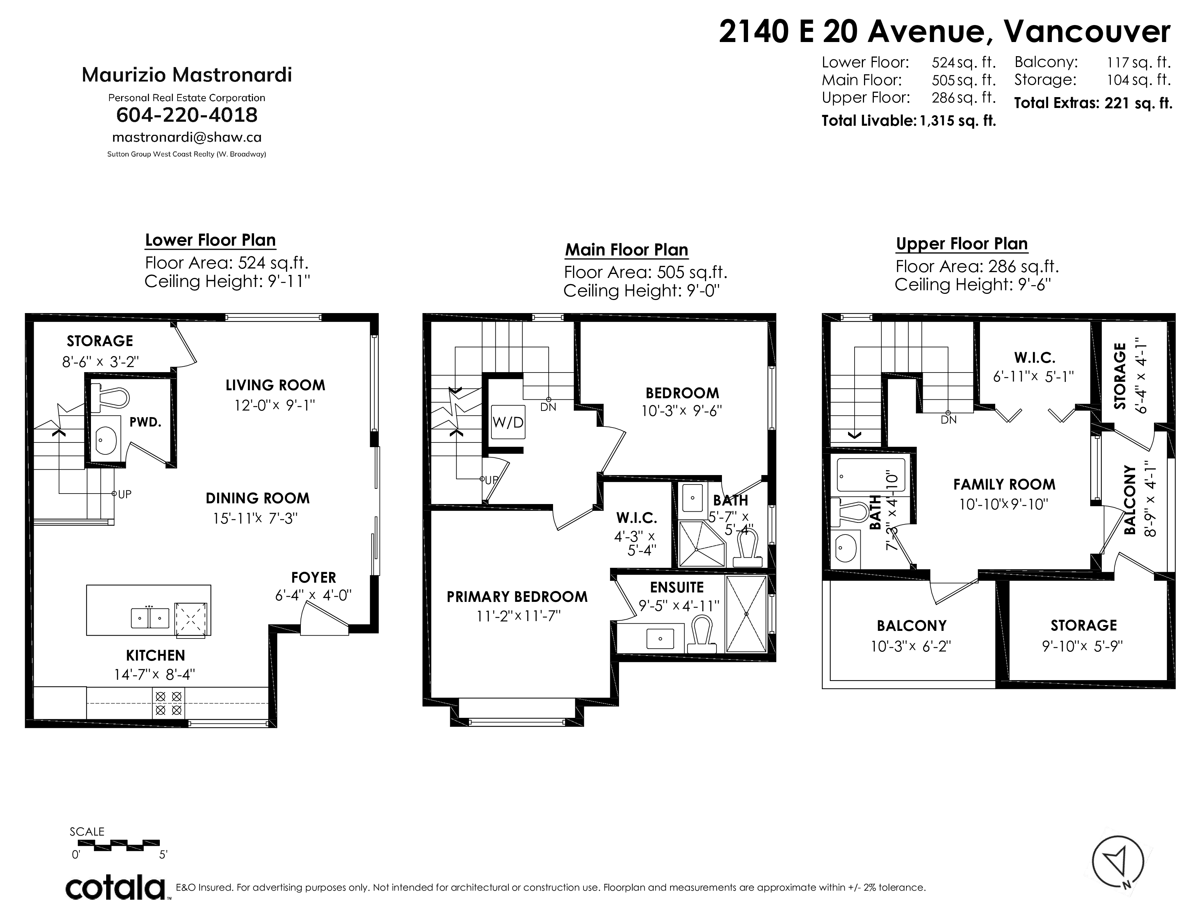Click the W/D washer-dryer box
click(x=508, y=422)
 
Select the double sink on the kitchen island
click(x=149, y=617)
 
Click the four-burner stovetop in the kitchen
click(x=169, y=703)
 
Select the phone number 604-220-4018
click(x=187, y=115)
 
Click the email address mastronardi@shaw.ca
click(x=187, y=137)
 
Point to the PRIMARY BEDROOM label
click(x=517, y=597)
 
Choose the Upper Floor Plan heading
click(x=962, y=244)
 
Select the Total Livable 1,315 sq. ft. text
click(x=909, y=120)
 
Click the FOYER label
click(x=314, y=578)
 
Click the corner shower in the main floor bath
click(x=702, y=544)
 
